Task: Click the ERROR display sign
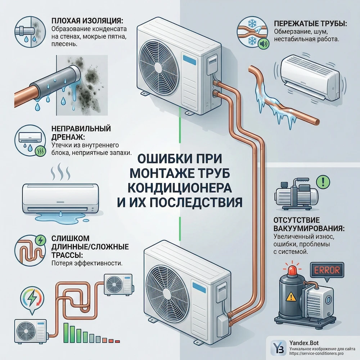pyautogui.click(x=327, y=270)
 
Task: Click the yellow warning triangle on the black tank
pyautogui.click(x=291, y=296)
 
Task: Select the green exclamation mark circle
pyautogui.click(x=323, y=181)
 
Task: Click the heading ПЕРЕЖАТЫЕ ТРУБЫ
pyautogui.click(x=310, y=24)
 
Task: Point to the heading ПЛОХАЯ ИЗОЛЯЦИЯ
pyautogui.click(x=87, y=21)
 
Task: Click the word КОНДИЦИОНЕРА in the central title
pyautogui.click(x=179, y=188)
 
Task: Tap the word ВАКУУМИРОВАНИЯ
pyautogui.click(x=309, y=229)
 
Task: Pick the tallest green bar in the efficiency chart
pyautogui.click(x=66, y=333)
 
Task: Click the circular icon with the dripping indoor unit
pyautogui.click(x=30, y=140)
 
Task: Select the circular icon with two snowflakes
pyautogui.click(x=253, y=32)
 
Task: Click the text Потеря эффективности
pyautogui.click(x=87, y=264)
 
